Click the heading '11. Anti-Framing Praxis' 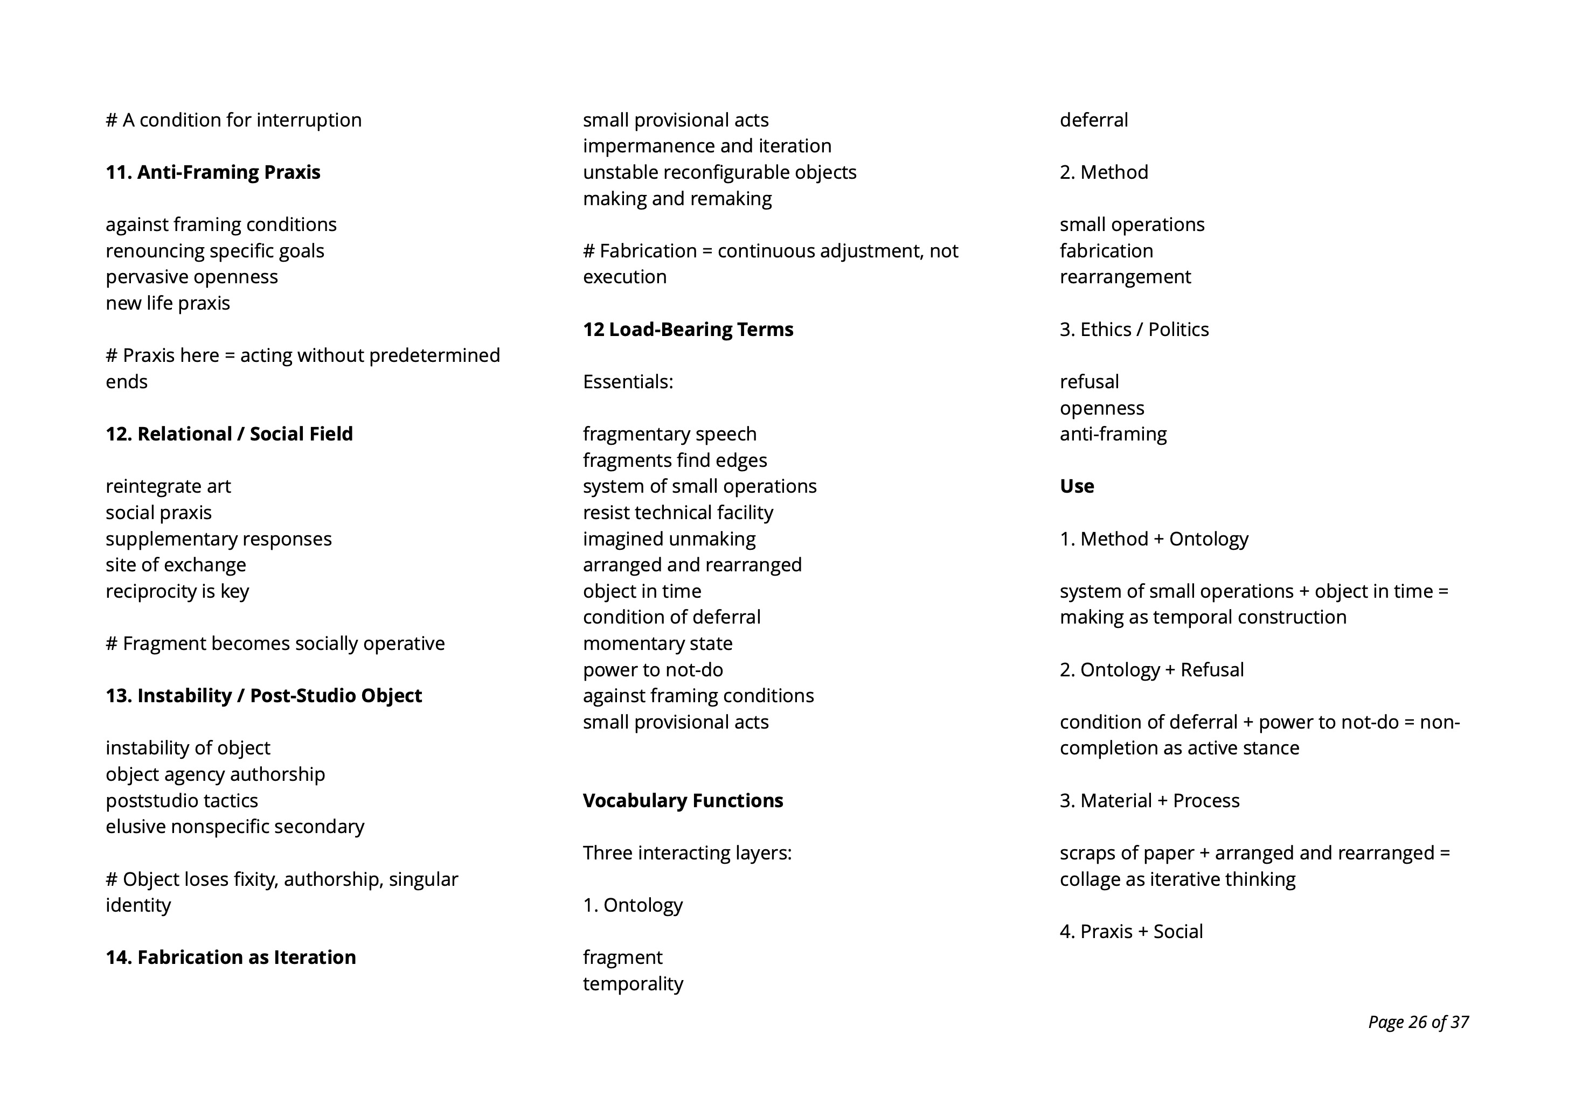coord(213,172)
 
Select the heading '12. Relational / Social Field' coord(229,434)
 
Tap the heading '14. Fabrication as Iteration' coord(231,957)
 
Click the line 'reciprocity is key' coord(177,591)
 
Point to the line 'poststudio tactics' coord(182,800)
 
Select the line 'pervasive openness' coord(191,277)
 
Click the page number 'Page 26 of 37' coord(1418,1022)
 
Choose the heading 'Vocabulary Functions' coord(683,800)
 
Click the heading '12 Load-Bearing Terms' coord(688,329)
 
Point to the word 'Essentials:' coord(628,382)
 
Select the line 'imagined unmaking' coord(669,539)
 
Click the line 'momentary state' coord(657,643)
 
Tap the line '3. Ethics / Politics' coord(1134,329)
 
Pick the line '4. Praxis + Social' coord(1131,931)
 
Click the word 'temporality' coord(633,984)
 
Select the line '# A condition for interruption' coord(233,120)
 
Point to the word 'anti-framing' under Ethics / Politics coord(1113,434)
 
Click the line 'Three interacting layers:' coord(686,853)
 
